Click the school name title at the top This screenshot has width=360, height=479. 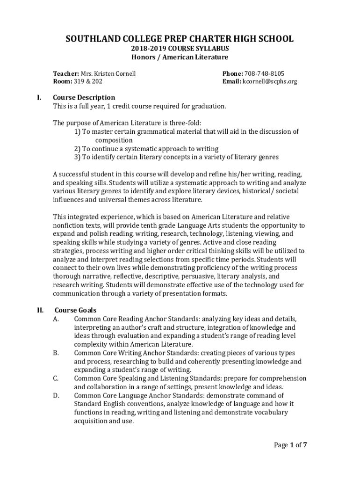tap(180, 38)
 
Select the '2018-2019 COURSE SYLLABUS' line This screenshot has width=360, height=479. tap(180, 49)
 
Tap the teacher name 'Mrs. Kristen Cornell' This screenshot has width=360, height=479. tap(108, 73)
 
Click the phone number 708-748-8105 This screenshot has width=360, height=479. tap(264, 73)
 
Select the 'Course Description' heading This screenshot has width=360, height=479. tap(84, 97)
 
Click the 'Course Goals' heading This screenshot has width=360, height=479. tap(76, 310)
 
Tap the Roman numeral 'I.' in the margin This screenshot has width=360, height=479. tap(39, 97)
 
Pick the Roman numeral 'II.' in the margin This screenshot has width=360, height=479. tap(40, 310)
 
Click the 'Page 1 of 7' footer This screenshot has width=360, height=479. tap(290, 445)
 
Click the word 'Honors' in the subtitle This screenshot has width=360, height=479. tap(143, 57)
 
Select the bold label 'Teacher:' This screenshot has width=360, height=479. tap(66, 73)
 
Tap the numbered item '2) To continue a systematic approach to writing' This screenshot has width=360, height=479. tap(140, 148)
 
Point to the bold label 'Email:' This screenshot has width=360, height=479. tap(231, 81)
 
